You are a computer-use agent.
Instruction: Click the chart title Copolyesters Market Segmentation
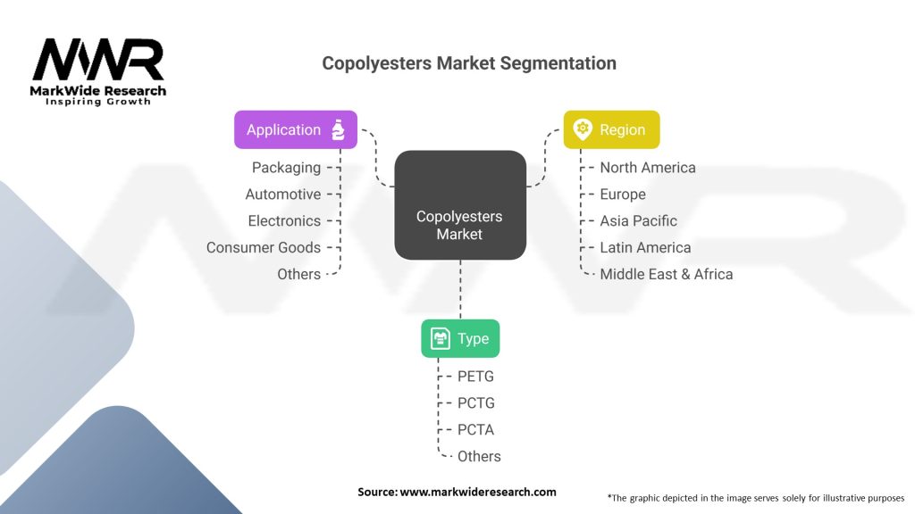point(468,63)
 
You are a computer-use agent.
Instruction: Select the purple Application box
point(295,129)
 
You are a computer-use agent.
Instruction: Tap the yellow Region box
point(611,129)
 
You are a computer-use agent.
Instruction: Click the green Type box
point(460,338)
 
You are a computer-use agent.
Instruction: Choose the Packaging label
point(286,167)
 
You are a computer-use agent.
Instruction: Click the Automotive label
point(282,194)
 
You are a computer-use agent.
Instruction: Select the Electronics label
point(284,220)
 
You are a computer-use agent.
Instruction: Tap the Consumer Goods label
point(263,247)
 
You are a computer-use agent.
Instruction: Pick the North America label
point(647,167)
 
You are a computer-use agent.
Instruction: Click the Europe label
point(622,194)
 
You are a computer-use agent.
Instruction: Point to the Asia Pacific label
point(638,220)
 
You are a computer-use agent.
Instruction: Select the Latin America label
point(645,247)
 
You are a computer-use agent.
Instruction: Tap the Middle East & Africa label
point(666,274)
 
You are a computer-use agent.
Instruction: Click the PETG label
point(475,376)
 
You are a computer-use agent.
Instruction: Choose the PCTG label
point(475,402)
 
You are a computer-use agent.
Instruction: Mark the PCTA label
point(475,429)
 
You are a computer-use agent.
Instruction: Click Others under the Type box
point(479,456)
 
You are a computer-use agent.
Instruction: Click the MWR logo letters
point(98,61)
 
